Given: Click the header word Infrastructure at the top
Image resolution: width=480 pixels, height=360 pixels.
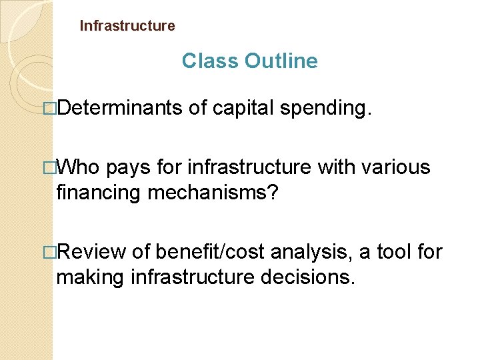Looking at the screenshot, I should (127, 26).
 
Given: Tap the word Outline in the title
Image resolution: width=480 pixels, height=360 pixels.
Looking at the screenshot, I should (281, 61).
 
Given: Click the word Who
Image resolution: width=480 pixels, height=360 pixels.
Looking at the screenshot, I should (79, 167).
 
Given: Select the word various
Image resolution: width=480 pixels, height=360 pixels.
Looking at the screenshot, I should (396, 167).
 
